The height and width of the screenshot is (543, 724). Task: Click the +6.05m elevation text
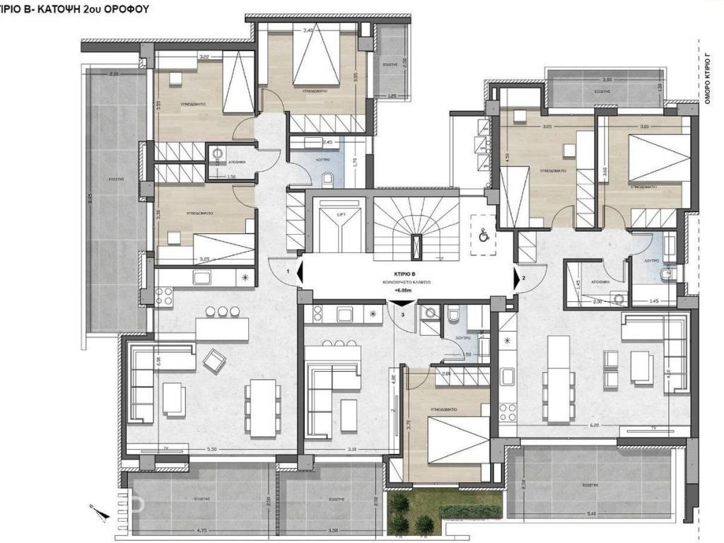403,290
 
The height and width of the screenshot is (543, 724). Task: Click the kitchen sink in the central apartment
346,313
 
